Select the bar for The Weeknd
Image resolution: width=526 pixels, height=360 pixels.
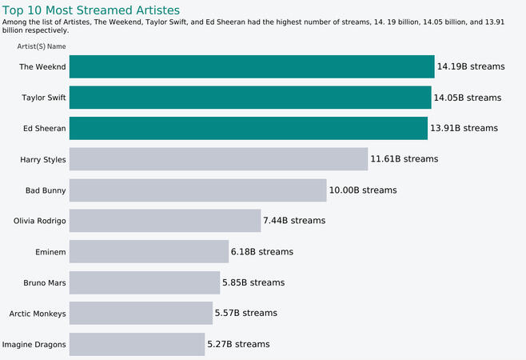click(x=251, y=66)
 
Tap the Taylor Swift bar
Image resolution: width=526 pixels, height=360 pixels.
click(x=250, y=98)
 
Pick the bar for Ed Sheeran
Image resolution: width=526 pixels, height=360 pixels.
click(x=249, y=128)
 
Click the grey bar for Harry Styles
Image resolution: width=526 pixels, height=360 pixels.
click(x=218, y=159)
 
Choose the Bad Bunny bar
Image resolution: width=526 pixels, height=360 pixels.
click(x=197, y=190)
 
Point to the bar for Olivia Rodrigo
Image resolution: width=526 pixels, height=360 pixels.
click(x=165, y=221)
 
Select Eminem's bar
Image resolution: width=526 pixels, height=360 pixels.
click(x=149, y=251)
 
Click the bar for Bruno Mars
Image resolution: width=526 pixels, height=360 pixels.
click(x=145, y=282)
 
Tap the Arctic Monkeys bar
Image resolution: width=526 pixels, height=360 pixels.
click(x=141, y=313)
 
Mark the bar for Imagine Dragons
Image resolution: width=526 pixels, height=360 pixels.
click(x=137, y=344)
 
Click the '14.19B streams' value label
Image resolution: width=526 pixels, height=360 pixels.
click(x=471, y=66)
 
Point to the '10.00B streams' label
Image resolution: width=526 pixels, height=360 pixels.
click(x=363, y=190)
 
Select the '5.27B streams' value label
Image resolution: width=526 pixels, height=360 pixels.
click(x=238, y=344)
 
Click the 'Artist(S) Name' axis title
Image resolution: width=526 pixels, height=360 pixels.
click(x=42, y=46)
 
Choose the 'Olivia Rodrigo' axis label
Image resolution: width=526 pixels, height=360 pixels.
click(x=40, y=221)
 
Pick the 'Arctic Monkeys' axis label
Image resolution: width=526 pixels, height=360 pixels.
click(x=38, y=313)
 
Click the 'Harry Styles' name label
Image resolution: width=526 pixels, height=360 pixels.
click(x=43, y=159)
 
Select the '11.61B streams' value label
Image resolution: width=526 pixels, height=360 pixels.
click(x=404, y=159)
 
